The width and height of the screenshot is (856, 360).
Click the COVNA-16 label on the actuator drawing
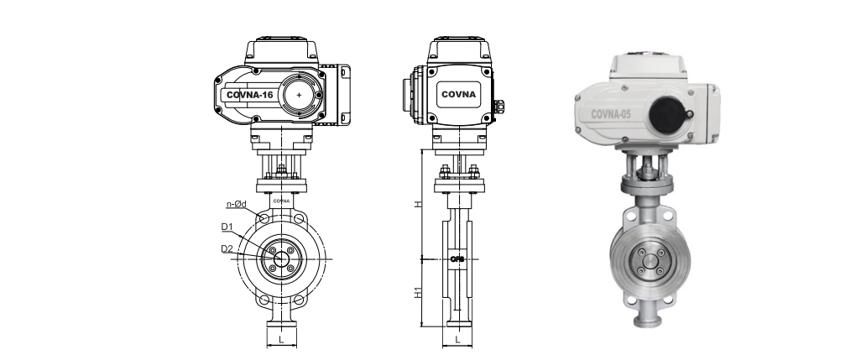pyautogui.click(x=249, y=95)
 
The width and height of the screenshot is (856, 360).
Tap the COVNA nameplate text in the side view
pyautogui.click(x=459, y=94)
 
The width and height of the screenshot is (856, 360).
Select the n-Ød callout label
pyautogui.click(x=236, y=204)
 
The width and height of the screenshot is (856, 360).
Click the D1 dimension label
pyautogui.click(x=227, y=227)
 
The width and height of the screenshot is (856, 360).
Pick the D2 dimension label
pyautogui.click(x=227, y=248)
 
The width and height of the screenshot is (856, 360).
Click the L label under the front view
pyautogui.click(x=281, y=340)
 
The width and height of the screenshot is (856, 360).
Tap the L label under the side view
pyautogui.click(x=457, y=340)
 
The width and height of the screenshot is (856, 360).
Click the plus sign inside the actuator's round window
pyautogui.click(x=299, y=96)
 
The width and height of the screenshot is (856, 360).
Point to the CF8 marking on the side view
pyautogui.click(x=457, y=258)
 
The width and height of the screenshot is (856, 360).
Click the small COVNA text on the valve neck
pyautogui.click(x=281, y=201)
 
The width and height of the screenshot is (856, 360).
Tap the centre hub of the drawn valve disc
pyautogui.click(x=281, y=258)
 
